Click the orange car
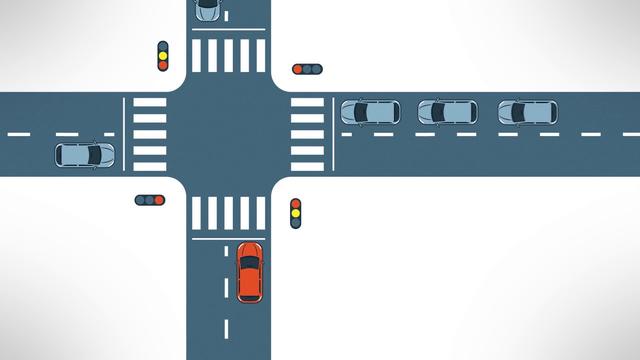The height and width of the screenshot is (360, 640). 249,271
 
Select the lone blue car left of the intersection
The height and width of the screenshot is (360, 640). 84,155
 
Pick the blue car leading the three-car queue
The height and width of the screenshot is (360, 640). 369,112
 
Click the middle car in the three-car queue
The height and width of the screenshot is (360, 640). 447,112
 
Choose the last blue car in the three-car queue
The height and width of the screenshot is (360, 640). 527,112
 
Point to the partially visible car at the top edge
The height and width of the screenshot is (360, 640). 207,9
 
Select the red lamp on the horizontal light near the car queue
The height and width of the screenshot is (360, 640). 298,69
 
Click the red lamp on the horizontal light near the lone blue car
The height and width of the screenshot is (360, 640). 159,200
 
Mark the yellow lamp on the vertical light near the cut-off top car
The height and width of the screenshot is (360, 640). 163,56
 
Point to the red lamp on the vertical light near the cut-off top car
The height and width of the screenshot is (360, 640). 163,65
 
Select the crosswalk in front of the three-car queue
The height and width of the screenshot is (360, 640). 307,134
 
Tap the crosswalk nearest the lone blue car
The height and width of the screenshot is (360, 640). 150,134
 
